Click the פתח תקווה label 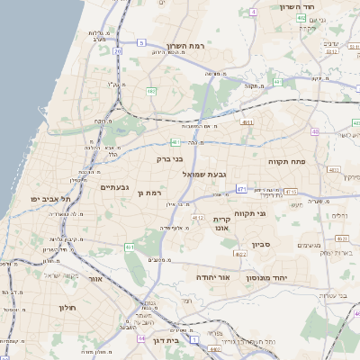(286, 161)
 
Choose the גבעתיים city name (117, 187)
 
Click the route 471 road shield (241, 188)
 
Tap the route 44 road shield (141, 338)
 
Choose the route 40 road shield (315, 131)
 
